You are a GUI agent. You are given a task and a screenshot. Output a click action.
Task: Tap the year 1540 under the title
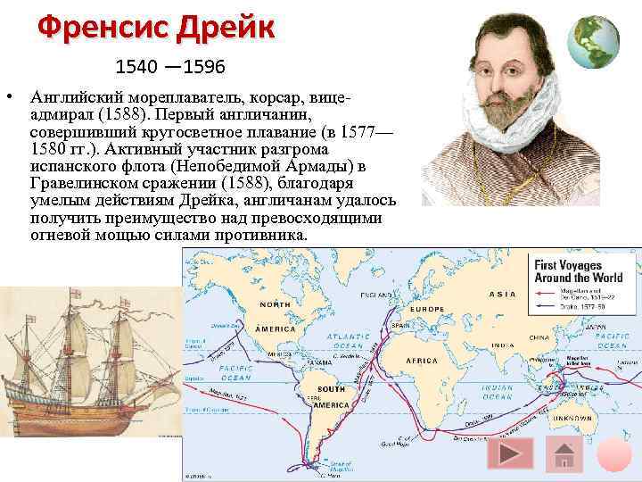tap(134, 68)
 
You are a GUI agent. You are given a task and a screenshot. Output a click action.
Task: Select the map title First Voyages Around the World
tap(577, 270)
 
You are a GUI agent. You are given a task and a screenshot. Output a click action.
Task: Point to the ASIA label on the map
tap(504, 294)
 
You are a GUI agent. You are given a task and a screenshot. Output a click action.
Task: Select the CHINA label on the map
tap(539, 337)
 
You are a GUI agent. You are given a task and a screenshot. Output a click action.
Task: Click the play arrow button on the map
tap(511, 454)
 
